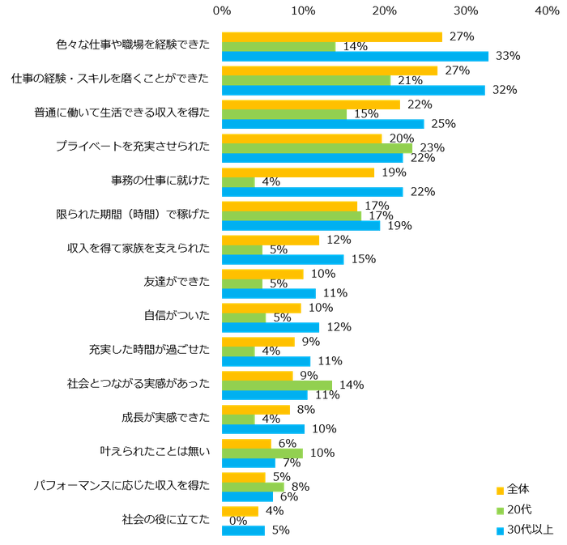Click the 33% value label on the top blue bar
pyautogui.click(x=508, y=56)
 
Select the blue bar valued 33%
pyautogui.click(x=356, y=56)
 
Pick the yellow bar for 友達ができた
pyautogui.click(x=262, y=273)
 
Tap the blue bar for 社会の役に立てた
pyautogui.click(x=243, y=530)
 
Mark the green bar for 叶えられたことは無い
pyautogui.click(x=262, y=453)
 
